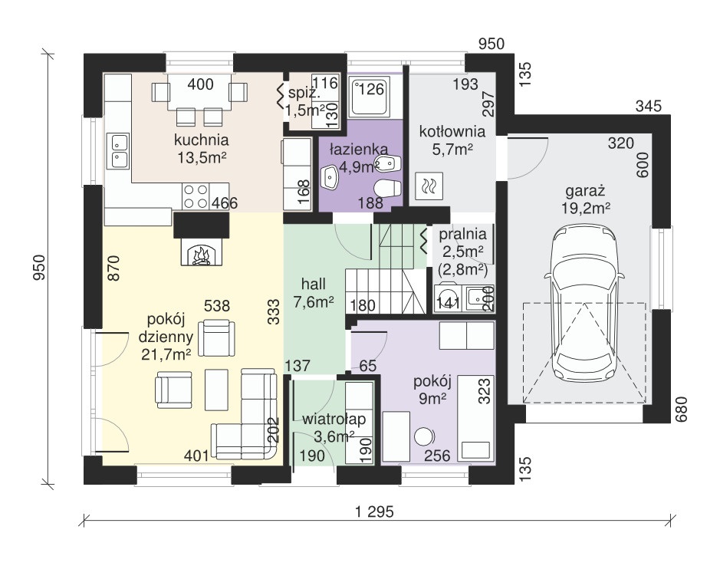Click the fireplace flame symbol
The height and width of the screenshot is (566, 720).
pyautogui.click(x=201, y=255)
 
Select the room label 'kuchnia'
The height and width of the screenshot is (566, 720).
pyautogui.click(x=201, y=140)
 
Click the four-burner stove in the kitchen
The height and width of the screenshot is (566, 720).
pyautogui.click(x=196, y=196)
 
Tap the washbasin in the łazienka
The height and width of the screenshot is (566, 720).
pyautogui.click(x=330, y=177)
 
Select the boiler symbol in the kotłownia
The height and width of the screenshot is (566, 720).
pyautogui.click(x=429, y=186)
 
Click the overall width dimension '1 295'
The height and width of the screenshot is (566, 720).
pyautogui.click(x=375, y=512)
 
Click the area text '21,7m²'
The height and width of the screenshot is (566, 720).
pyautogui.click(x=166, y=354)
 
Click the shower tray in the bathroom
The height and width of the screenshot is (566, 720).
pyautogui.click(x=370, y=96)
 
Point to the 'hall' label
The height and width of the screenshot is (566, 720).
pyautogui.click(x=313, y=284)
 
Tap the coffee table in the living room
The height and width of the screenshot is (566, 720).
pyautogui.click(x=216, y=390)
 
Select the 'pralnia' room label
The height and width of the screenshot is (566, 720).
pyautogui.click(x=462, y=235)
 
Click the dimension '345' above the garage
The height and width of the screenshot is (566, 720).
pyautogui.click(x=649, y=106)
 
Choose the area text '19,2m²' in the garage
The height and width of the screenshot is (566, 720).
pyautogui.click(x=586, y=208)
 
